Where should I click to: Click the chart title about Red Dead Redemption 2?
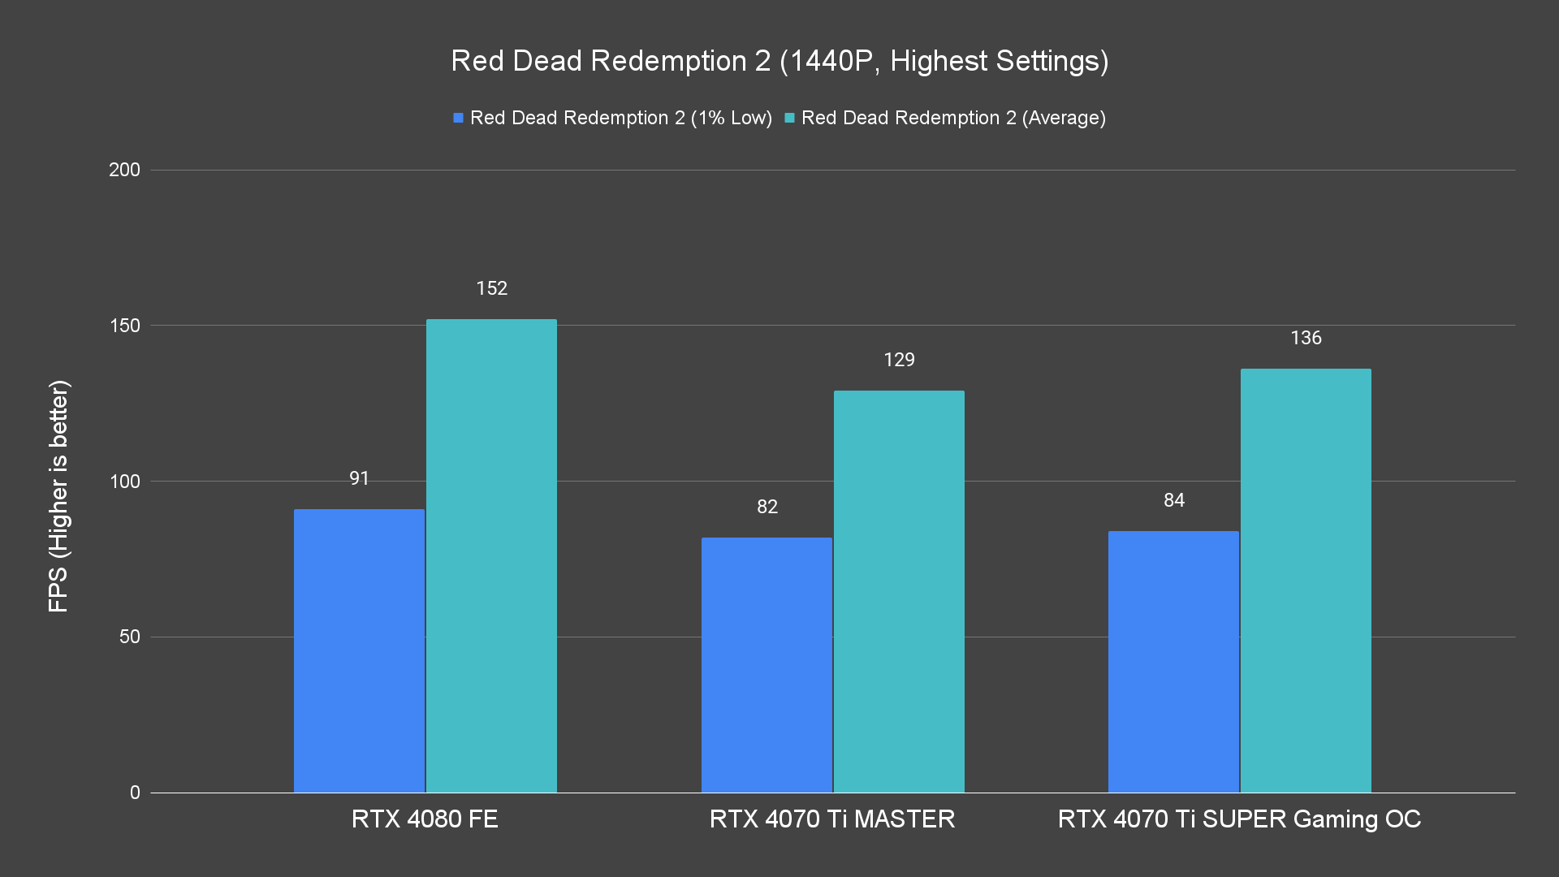[779, 61]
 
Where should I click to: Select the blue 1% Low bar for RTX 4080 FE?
[359, 650]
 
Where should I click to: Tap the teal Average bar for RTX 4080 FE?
[491, 556]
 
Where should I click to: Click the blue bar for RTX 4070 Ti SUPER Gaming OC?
[1173, 661]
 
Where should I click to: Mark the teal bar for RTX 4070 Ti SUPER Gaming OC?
[1306, 581]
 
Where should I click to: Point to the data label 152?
[491, 288]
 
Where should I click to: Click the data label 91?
[359, 478]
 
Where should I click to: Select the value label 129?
[899, 360]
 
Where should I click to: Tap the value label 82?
[767, 507]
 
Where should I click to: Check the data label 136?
[1306, 338]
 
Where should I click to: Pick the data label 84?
[1173, 500]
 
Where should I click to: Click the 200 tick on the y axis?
[124, 170]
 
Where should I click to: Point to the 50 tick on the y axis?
[129, 637]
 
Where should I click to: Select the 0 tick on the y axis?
[135, 793]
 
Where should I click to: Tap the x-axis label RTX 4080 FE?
[425, 819]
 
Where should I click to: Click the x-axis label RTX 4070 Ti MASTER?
[832, 819]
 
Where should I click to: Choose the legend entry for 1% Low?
[612, 118]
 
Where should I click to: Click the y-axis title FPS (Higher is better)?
[58, 495]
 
